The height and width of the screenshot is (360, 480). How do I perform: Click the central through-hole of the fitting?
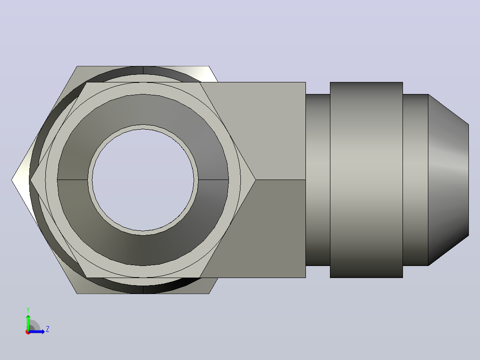click(143, 180)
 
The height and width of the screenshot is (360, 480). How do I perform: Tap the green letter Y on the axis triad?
click(28, 310)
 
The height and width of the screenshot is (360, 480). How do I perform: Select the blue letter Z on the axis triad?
click(48, 329)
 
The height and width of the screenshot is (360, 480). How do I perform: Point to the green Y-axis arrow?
click(28, 322)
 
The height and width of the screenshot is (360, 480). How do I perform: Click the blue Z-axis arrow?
click(37, 331)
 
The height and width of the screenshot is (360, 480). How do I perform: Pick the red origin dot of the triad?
click(28, 332)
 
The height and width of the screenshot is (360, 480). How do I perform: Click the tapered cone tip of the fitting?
click(448, 180)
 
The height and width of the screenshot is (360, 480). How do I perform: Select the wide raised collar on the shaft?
click(366, 180)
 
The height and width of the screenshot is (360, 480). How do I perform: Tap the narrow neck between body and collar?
click(318, 180)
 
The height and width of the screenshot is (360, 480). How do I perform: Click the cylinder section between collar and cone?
click(415, 180)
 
